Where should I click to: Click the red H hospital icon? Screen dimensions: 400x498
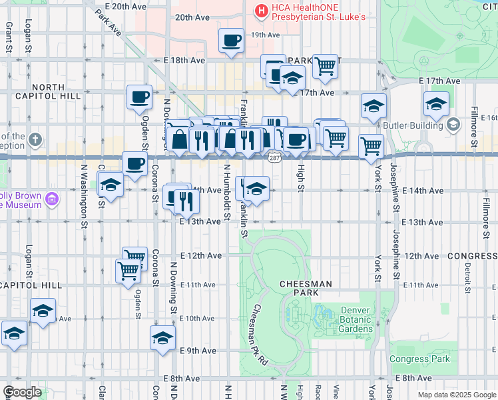pos(261,11)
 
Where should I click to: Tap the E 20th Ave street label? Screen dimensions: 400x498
pos(121,6)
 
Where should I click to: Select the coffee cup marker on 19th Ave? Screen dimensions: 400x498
pos(232,40)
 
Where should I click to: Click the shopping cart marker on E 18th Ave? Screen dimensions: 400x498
pos(325,66)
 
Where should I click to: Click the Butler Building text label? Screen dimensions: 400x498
pos(413,125)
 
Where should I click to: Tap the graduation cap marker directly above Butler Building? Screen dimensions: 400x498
pos(436,104)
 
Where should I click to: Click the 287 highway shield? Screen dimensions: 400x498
pos(274,158)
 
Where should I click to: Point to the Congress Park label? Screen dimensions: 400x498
pos(419,359)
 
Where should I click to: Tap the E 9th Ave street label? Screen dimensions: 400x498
pos(198,351)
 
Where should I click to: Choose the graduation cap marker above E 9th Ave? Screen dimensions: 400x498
pos(162,338)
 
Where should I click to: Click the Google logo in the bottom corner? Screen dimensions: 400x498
pos(22,392)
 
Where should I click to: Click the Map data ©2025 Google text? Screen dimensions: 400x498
pos(456,395)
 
